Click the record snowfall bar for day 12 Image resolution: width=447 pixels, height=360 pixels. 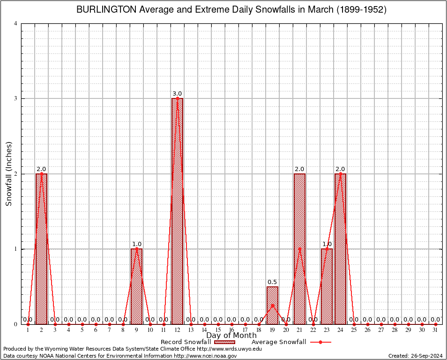(177, 211)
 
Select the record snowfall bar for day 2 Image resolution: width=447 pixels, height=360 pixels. (41, 248)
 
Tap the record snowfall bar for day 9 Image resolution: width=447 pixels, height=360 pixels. (136, 286)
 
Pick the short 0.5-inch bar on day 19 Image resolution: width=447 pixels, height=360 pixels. (272, 305)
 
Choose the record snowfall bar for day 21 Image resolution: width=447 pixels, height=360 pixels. (299, 248)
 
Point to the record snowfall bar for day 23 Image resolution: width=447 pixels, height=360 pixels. (327, 286)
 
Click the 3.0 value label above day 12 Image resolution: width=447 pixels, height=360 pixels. (177, 94)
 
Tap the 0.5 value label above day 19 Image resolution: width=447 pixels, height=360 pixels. (272, 282)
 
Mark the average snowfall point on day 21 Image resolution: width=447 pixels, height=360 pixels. (299, 249)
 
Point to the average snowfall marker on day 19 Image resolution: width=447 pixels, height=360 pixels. (272, 305)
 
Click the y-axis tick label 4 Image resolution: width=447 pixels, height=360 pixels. (16, 23)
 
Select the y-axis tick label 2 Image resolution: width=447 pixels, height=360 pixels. (16, 174)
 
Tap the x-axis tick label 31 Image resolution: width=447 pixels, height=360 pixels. (435, 330)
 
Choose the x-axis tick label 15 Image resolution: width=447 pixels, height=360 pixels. (218, 330)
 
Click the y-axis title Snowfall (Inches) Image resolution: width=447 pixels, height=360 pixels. (8, 174)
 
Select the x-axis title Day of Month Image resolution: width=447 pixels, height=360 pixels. (231, 335)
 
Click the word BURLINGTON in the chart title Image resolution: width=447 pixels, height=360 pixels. (106, 10)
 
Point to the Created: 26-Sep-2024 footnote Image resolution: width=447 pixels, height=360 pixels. (416, 356)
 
